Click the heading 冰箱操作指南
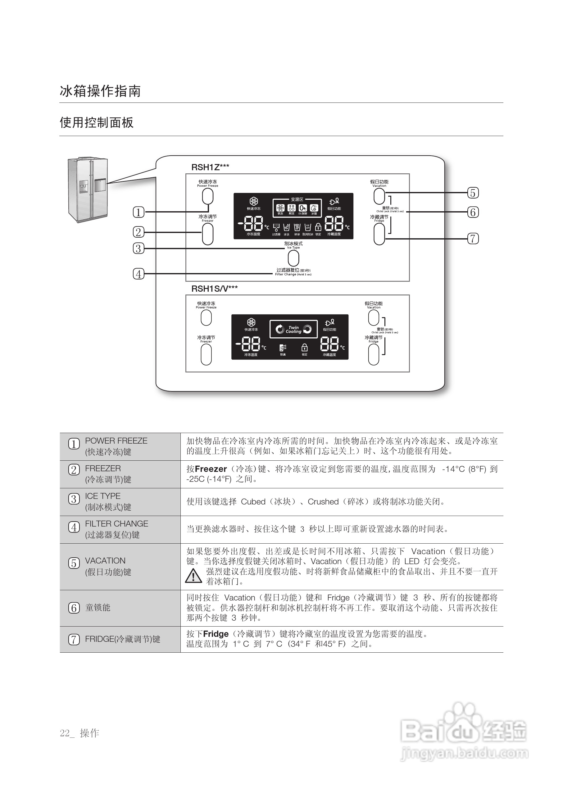pyautogui.click(x=100, y=91)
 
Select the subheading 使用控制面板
pyautogui.click(x=97, y=122)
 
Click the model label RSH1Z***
pyautogui.click(x=210, y=167)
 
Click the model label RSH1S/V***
pyautogui.click(x=214, y=289)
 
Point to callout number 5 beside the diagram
pyautogui.click(x=473, y=193)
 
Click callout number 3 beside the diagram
pyautogui.click(x=138, y=249)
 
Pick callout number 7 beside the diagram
pyautogui.click(x=473, y=239)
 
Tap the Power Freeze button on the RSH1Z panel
pyautogui.click(x=208, y=197)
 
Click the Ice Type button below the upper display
pyautogui.click(x=293, y=258)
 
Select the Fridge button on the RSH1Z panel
pyautogui.click(x=379, y=234)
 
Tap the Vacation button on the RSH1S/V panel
pyautogui.click(x=374, y=317)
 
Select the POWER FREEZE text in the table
pyautogui.click(x=116, y=441)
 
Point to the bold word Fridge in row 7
pyautogui.click(x=216, y=634)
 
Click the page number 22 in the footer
pyautogui.click(x=65, y=733)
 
